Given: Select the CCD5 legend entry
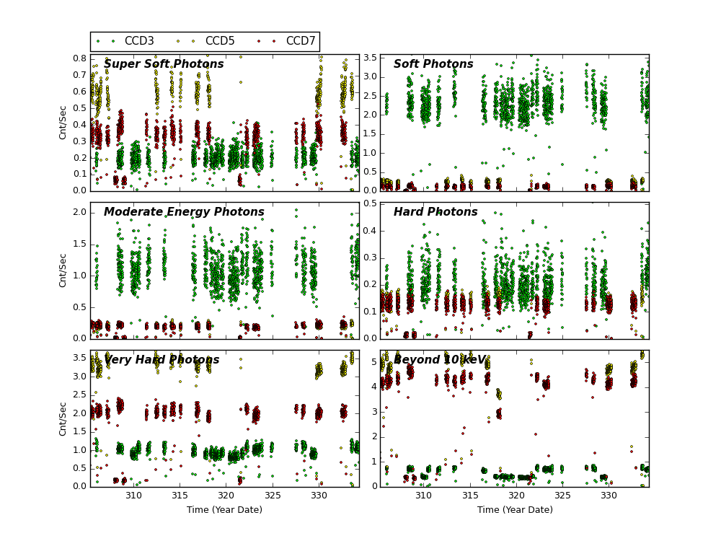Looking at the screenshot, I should click(x=219, y=41).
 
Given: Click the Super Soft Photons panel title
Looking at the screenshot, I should click(x=164, y=64).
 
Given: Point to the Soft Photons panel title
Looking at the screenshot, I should click(x=433, y=64).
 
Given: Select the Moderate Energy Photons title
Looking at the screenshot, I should click(x=184, y=212).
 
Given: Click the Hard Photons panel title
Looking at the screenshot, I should click(x=435, y=212).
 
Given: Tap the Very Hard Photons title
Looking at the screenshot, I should click(x=162, y=360).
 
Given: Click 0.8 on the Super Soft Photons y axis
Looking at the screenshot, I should click(x=79, y=58).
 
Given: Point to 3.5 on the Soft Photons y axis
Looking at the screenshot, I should click(x=369, y=58).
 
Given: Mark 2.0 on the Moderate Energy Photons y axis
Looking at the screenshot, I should click(x=79, y=213).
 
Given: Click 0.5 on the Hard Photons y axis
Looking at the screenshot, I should click(x=369, y=203).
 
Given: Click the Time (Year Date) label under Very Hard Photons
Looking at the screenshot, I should click(x=225, y=510).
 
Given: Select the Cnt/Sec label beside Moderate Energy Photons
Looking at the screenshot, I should click(x=63, y=270).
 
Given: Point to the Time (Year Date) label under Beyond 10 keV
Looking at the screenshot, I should click(x=515, y=510).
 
